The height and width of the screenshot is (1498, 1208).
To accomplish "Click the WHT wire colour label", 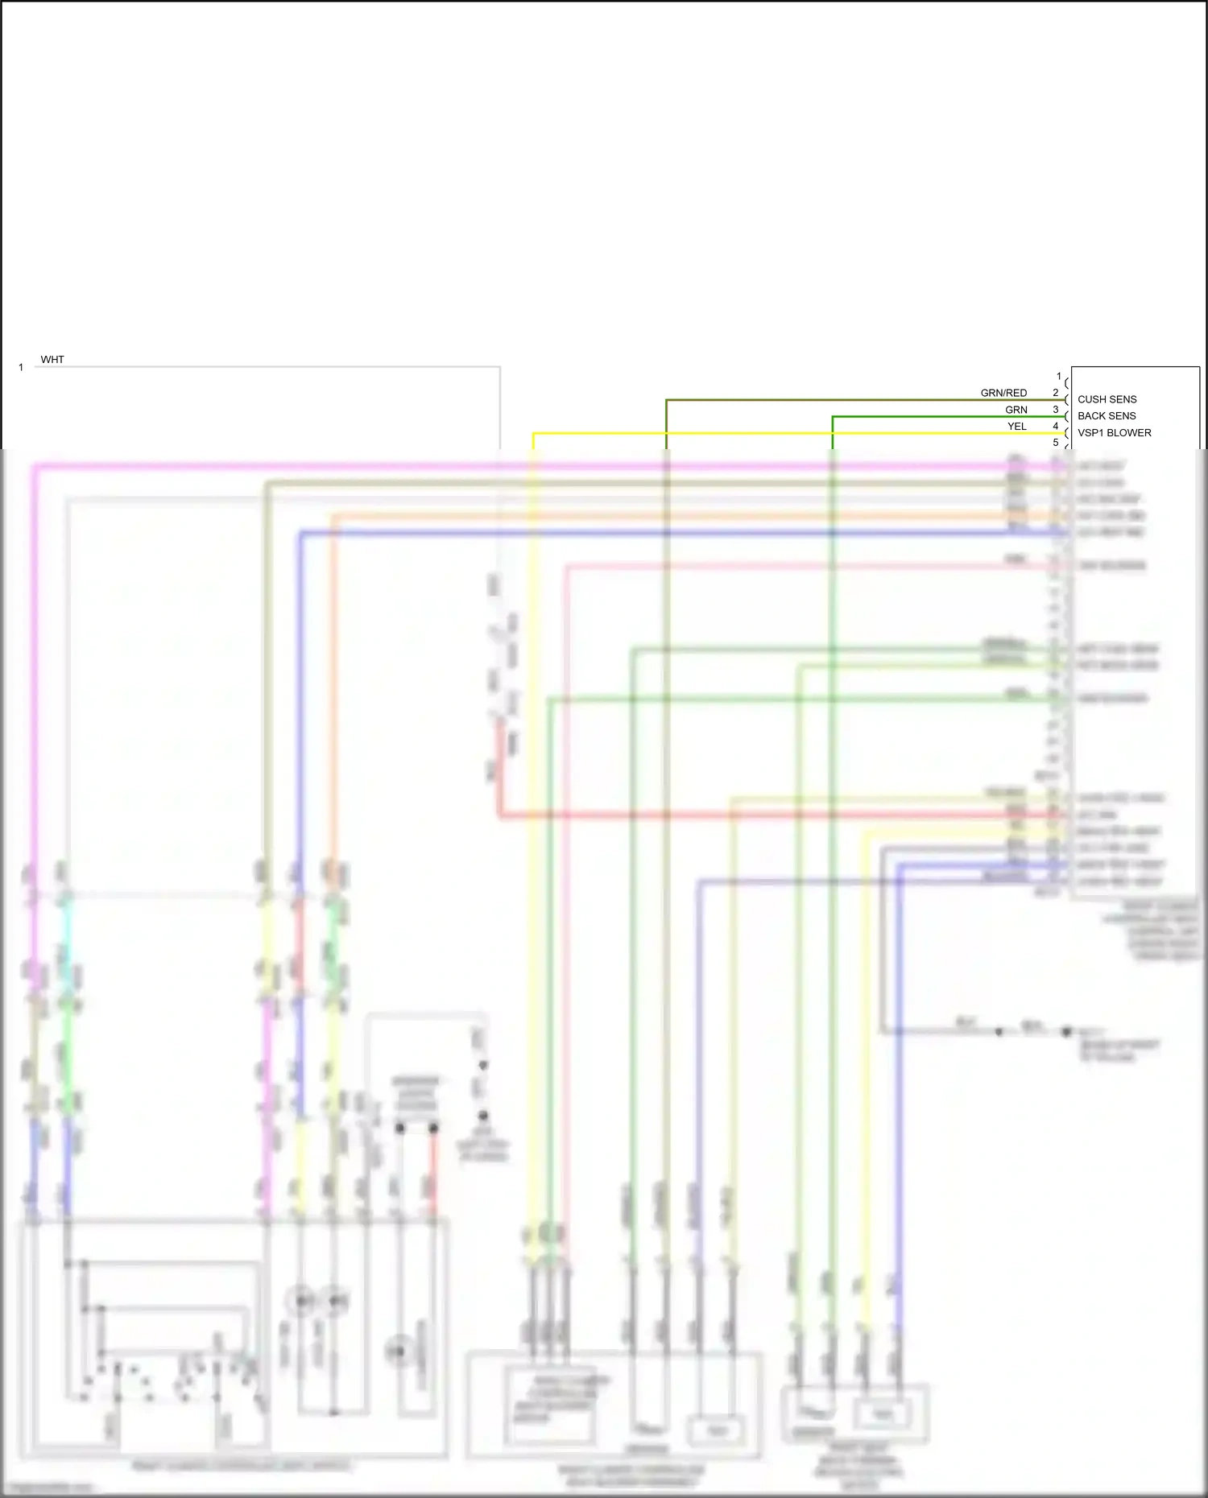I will [x=52, y=360].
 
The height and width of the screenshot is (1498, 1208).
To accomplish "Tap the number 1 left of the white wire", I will [x=21, y=368].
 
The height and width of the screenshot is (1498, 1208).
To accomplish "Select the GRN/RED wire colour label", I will [x=1003, y=393].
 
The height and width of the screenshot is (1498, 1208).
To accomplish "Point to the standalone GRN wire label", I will [x=1016, y=410].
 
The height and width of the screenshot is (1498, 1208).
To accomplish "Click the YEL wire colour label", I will [x=1017, y=427].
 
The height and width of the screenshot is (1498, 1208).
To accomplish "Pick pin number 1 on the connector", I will [x=1059, y=376].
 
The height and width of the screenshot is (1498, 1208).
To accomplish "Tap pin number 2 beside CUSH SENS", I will [x=1056, y=393].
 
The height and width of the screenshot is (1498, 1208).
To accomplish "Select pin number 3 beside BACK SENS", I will [x=1056, y=410].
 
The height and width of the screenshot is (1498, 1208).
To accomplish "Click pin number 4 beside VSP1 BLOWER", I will [x=1056, y=427].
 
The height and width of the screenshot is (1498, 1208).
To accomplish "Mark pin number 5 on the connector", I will [x=1056, y=443].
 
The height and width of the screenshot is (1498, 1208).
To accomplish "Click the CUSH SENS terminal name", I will [x=1107, y=399].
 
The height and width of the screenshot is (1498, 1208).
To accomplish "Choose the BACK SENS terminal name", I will [x=1107, y=416].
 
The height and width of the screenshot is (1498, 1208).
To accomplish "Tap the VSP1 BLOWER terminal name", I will [x=1114, y=433].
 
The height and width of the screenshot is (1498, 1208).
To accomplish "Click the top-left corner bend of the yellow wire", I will [x=533, y=433].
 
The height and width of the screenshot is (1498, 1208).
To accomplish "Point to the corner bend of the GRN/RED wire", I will [x=667, y=399].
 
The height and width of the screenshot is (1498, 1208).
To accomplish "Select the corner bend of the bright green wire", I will [x=833, y=416].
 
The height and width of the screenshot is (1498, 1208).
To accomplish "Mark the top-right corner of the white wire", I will [x=500, y=367].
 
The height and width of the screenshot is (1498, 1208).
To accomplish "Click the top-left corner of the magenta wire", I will [x=34, y=466].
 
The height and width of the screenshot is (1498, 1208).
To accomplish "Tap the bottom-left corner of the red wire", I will [x=500, y=815].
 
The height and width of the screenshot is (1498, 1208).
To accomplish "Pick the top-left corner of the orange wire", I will [x=333, y=516].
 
